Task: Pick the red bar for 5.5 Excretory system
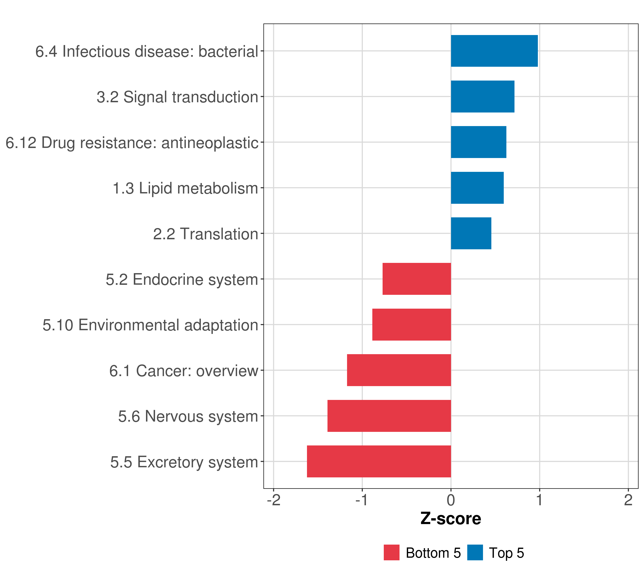tap(379, 461)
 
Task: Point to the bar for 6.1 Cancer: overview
tap(399, 370)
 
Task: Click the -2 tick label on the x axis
tap(274, 500)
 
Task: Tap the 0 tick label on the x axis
tap(451, 500)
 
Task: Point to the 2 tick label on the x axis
tap(628, 500)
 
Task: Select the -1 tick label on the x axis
tap(362, 500)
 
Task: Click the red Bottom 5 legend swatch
tap(391, 552)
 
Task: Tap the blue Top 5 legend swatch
tap(475, 552)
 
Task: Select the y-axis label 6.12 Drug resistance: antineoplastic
tap(132, 143)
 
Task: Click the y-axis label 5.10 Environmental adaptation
tap(150, 325)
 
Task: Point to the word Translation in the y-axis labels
tap(219, 234)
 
